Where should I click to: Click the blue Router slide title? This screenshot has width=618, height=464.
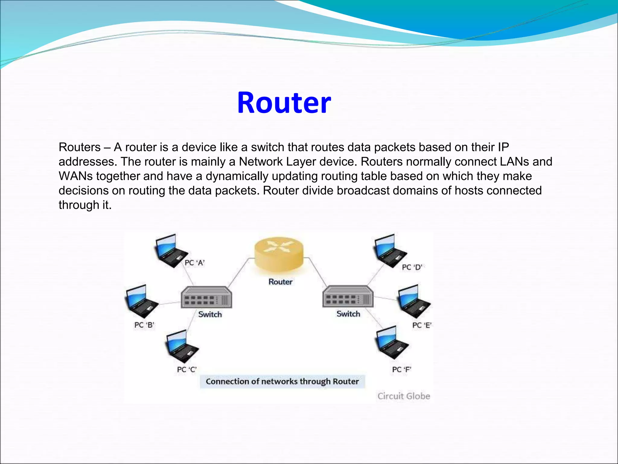pos(284,103)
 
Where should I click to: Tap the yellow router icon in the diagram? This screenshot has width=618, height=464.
pos(279,254)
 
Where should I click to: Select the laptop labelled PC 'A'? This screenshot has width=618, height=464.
pos(170,250)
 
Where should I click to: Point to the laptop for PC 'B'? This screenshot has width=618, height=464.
pos(140,301)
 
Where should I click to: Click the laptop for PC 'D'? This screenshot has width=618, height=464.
pos(389,250)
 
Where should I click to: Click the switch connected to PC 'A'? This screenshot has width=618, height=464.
pos(206,297)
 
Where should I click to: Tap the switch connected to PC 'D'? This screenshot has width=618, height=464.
pos(348,297)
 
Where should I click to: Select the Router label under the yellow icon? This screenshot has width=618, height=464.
pos(280,282)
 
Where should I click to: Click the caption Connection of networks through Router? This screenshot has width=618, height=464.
pos(282,382)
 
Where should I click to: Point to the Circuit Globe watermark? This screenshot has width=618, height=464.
pos(404,396)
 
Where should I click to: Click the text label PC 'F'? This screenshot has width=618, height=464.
pos(402,369)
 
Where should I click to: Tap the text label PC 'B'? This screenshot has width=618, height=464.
pos(144,325)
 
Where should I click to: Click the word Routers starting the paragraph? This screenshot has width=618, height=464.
pos(80,147)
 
